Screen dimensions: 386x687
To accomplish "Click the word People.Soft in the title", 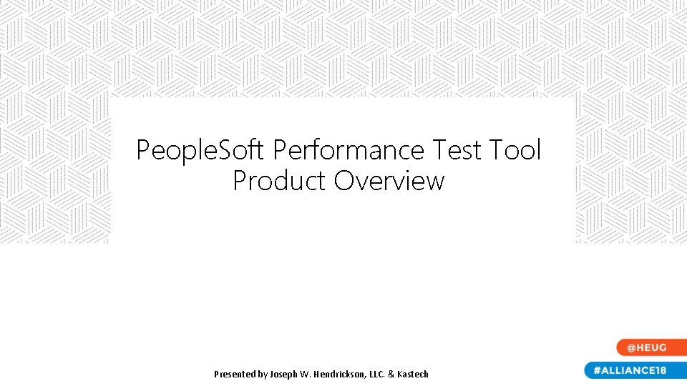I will pos(201,151).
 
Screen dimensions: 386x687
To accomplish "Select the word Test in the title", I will pos(457,151).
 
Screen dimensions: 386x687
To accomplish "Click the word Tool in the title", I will pos(515,151).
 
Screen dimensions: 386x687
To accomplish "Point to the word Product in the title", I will pos(280,181).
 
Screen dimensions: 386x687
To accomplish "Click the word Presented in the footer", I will pos(235,374).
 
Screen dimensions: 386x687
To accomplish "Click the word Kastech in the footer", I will pos(416,374).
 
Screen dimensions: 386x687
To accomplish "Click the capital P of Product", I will pos(240,181).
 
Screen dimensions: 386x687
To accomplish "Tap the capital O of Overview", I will pos(344,181).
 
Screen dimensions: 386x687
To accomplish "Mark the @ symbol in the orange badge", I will pos(632,347).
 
